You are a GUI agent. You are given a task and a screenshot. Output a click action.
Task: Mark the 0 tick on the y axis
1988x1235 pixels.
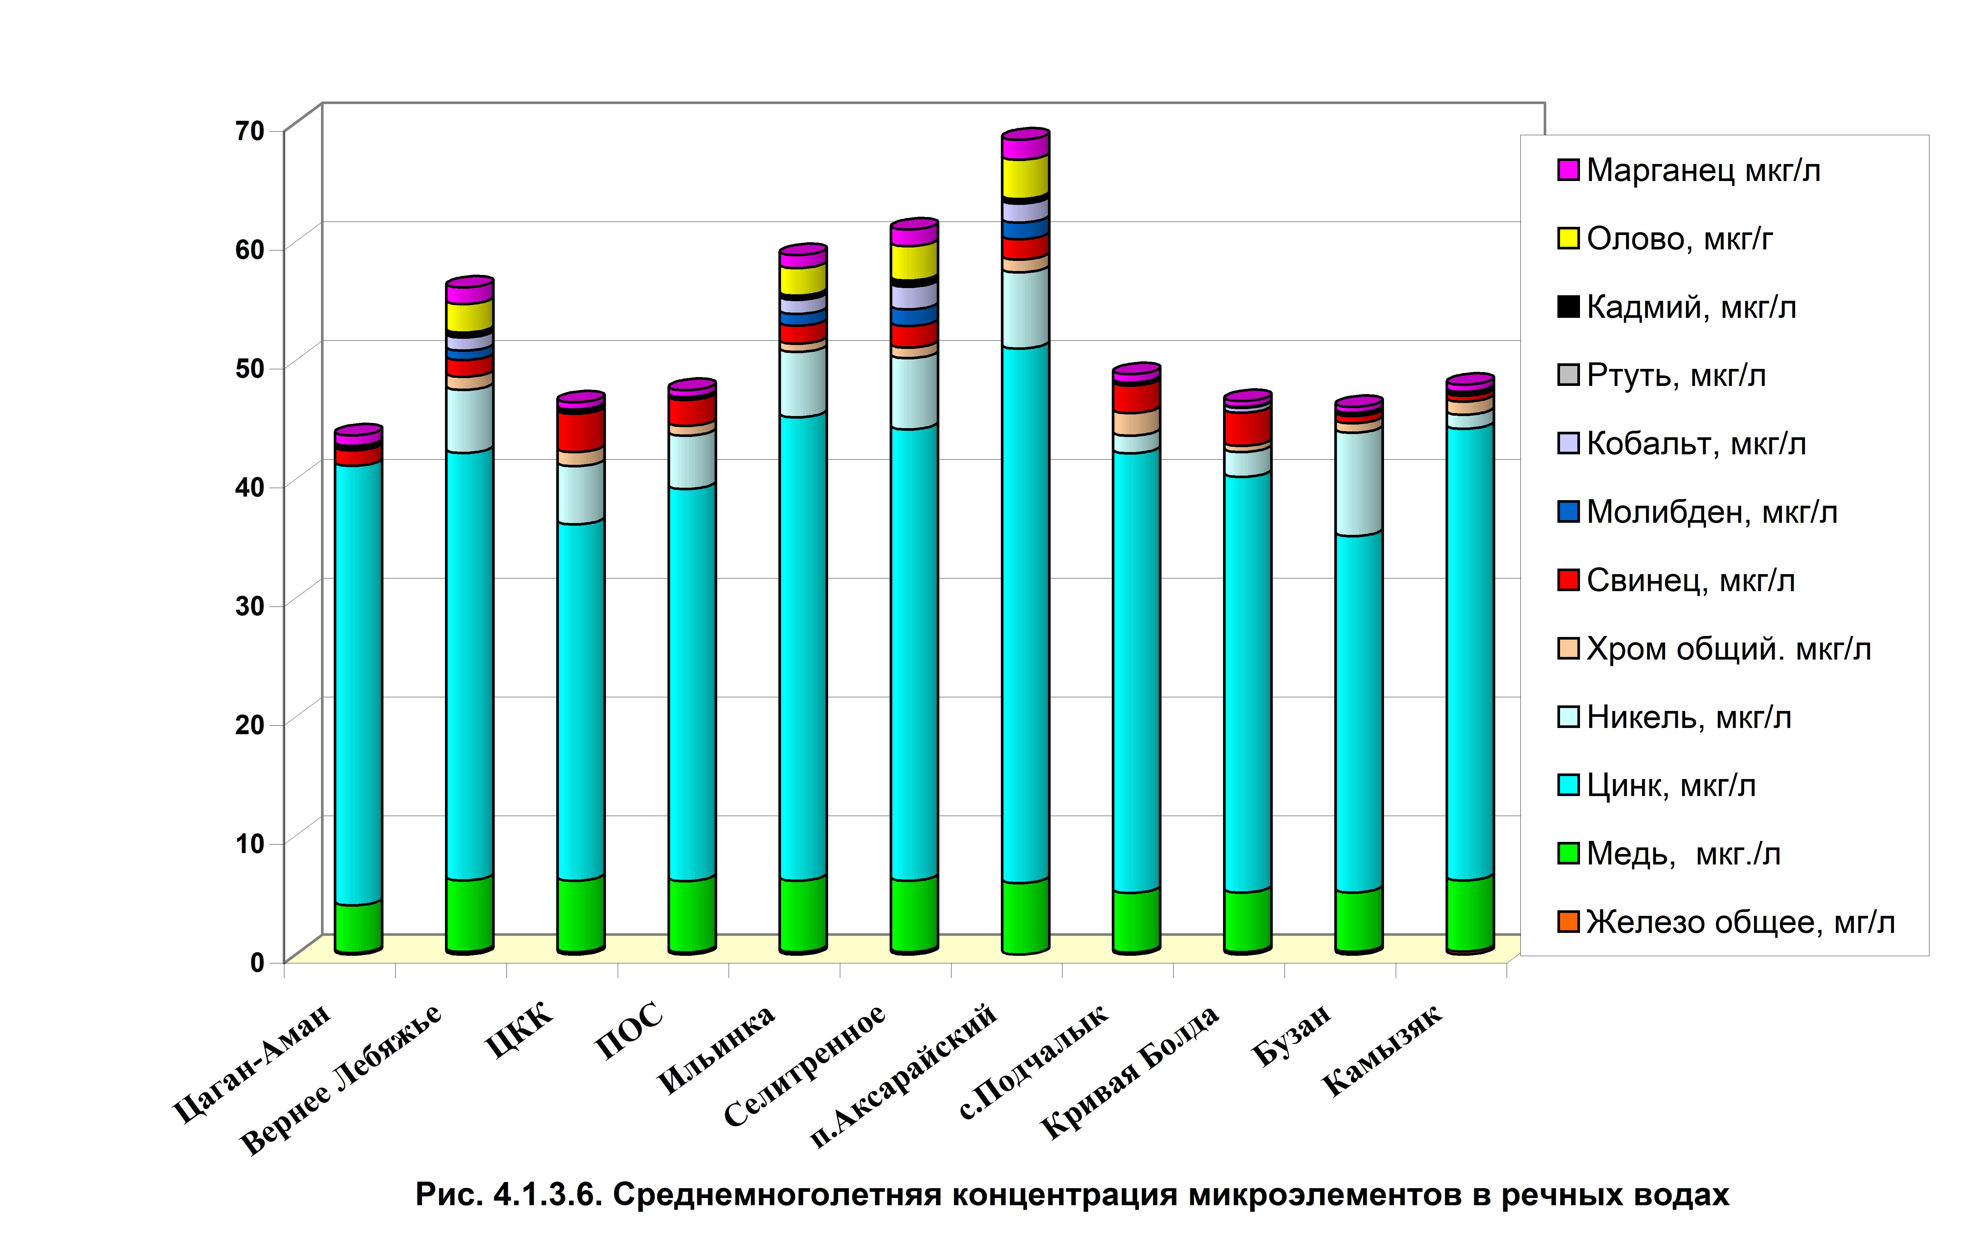[258, 962]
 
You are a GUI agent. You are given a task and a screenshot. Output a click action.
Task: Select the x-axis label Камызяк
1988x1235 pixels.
[1382, 1050]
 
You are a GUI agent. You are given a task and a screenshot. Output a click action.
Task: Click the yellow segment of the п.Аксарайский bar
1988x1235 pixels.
[1025, 176]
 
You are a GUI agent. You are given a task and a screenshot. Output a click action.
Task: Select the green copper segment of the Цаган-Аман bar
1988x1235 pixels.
[358, 927]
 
